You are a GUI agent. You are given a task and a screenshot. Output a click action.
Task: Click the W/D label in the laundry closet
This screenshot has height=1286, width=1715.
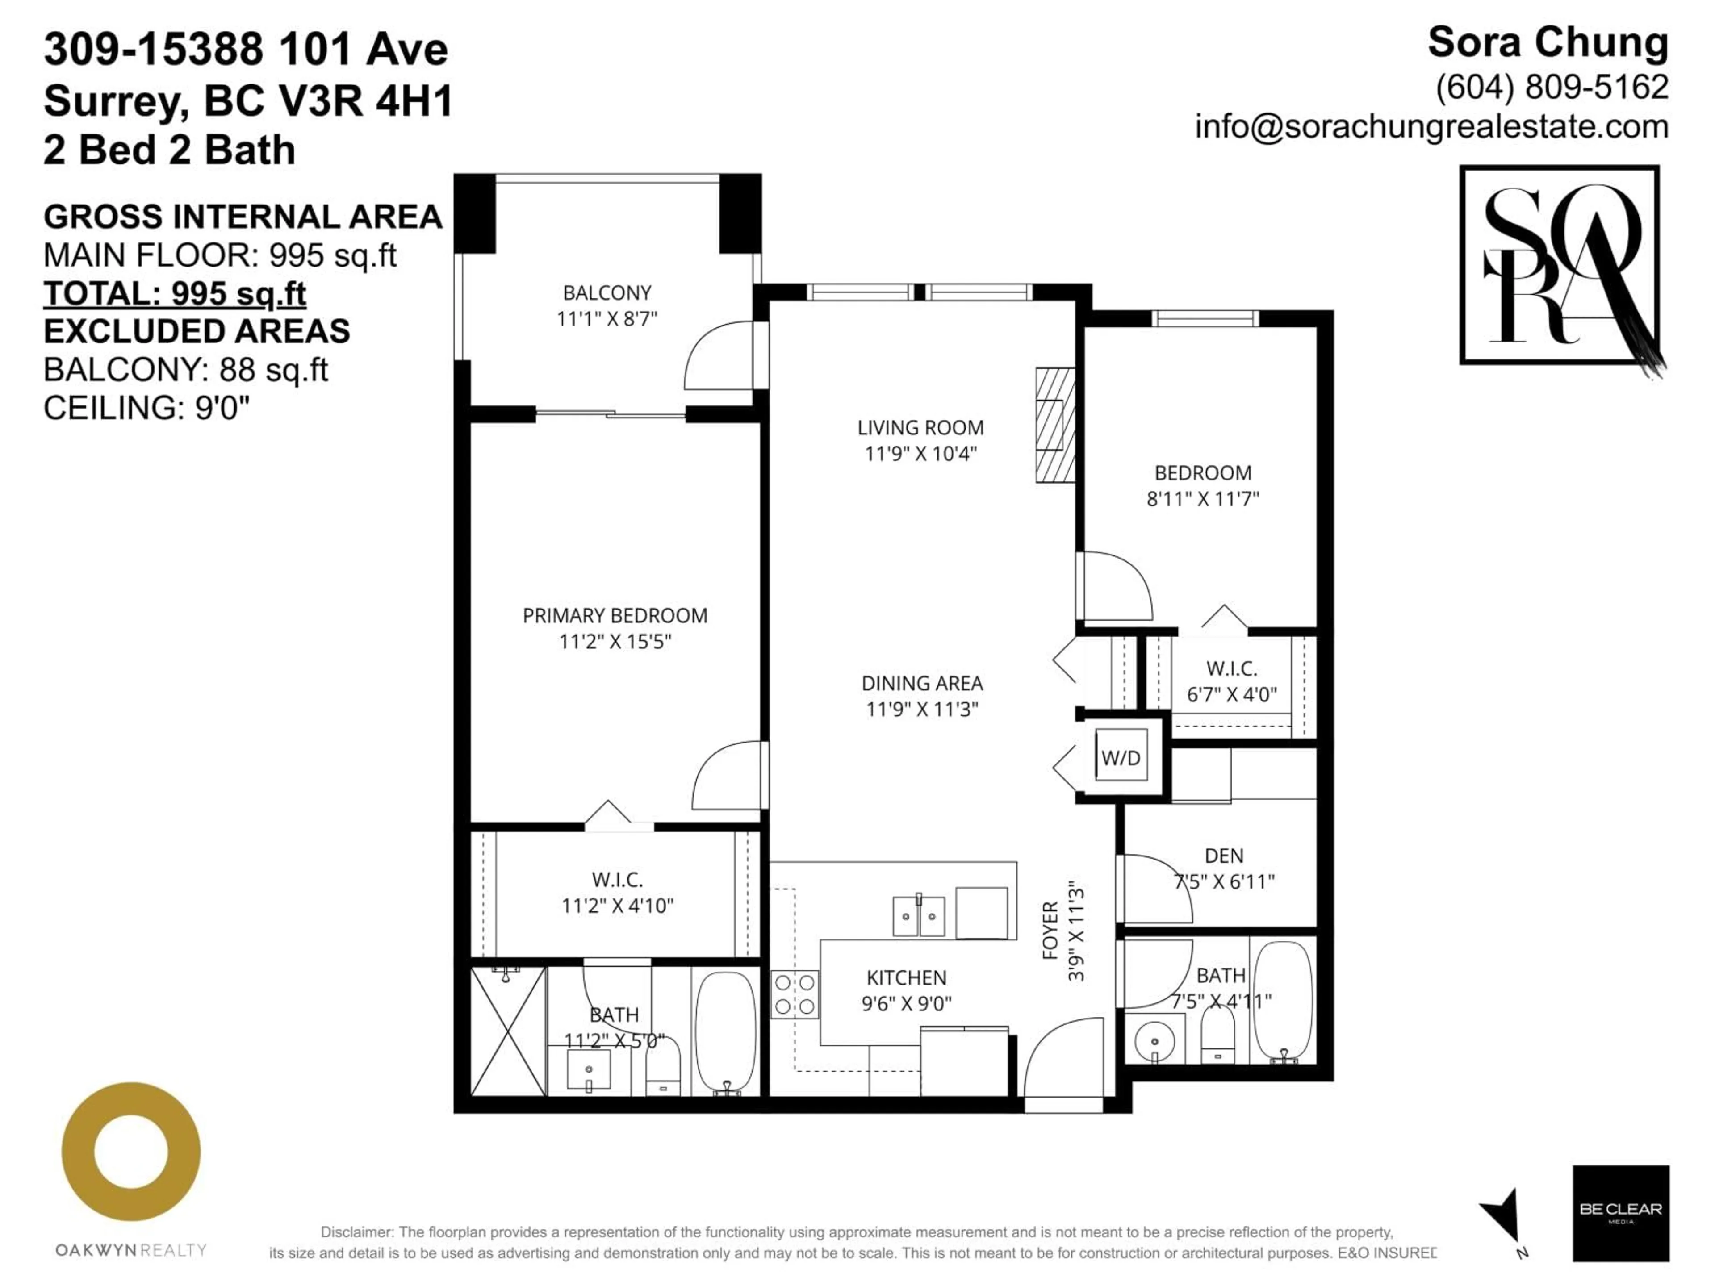pos(1120,757)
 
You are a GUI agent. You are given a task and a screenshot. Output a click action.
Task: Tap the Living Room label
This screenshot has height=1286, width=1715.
pos(920,427)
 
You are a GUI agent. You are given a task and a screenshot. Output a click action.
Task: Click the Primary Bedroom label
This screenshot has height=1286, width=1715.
pos(615,615)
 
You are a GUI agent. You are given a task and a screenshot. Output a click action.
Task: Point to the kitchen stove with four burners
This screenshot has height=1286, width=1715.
pos(795,994)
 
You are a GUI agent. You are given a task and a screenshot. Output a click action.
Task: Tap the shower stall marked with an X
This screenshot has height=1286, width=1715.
pos(508,1031)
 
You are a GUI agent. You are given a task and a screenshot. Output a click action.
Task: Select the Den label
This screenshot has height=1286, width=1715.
pos(1223,856)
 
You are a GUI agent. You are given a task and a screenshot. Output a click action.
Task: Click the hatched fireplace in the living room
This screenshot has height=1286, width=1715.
pos(1055,425)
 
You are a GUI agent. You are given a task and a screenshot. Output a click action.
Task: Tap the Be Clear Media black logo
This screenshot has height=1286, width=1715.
pos(1620,1213)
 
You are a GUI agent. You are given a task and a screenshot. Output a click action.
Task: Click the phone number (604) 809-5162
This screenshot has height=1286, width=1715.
pos(1552,87)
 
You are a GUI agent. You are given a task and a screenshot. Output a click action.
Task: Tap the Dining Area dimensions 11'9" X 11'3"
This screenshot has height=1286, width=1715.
pos(922,709)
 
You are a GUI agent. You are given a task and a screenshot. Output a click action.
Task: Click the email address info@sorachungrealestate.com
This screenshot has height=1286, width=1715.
pos(1431,126)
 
